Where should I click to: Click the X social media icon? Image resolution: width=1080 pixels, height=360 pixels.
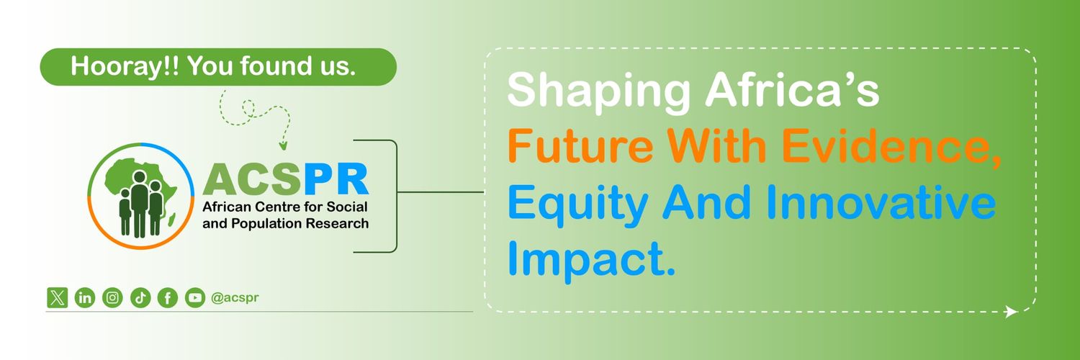(58, 298)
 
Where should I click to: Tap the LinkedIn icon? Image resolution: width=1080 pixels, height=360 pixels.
(85, 298)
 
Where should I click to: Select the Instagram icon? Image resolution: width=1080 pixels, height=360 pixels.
(112, 298)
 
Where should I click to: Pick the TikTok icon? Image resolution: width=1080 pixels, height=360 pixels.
(140, 298)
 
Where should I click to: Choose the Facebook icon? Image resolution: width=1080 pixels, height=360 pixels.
(168, 298)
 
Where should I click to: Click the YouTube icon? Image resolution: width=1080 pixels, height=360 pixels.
(195, 298)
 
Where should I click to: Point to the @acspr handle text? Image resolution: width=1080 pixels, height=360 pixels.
(235, 298)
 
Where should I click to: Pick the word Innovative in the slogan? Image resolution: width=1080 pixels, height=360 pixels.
(881, 202)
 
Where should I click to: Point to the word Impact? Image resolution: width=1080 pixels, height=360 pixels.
(591, 259)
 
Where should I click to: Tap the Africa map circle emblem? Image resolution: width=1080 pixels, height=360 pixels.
(141, 196)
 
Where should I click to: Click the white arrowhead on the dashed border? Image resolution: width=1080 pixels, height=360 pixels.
(1011, 312)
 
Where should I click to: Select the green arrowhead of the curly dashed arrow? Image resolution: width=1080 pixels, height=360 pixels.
(284, 145)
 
